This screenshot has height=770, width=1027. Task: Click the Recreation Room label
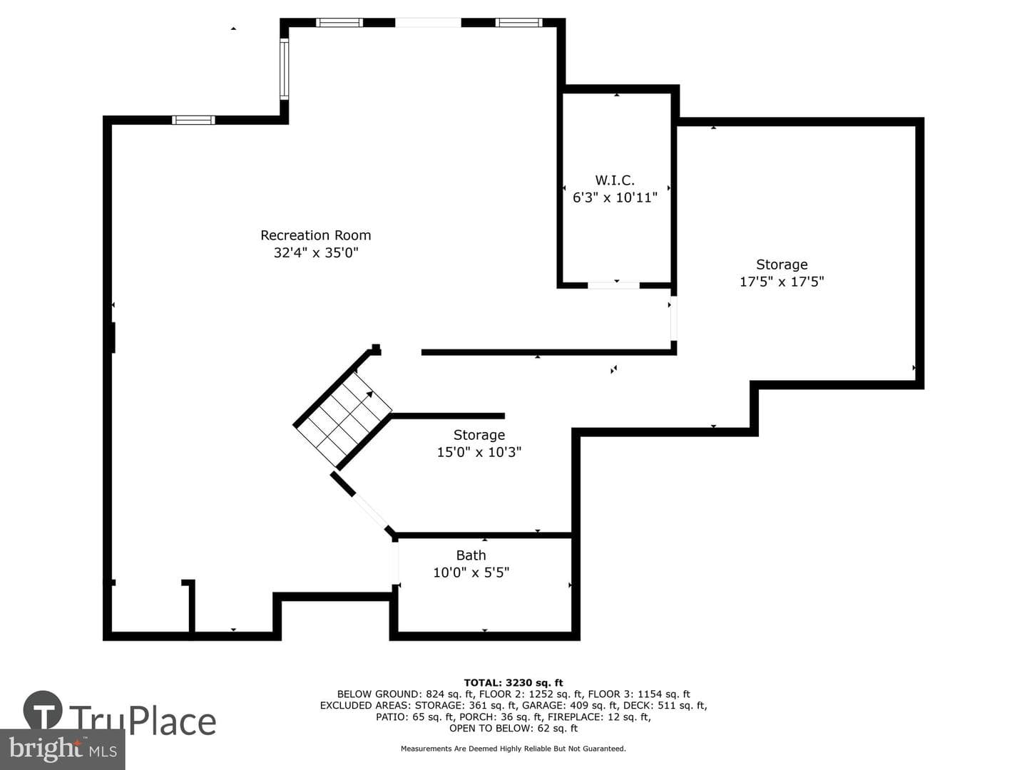[x=315, y=235]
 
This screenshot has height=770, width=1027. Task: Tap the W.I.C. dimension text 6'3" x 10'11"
[x=615, y=197]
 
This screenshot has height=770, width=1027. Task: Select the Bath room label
[x=471, y=555]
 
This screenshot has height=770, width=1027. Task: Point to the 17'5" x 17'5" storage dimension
[x=782, y=282]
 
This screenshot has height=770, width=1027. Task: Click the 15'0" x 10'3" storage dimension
[x=479, y=452]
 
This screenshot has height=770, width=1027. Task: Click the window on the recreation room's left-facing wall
[x=284, y=68]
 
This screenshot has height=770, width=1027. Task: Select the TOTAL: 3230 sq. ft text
[x=513, y=683]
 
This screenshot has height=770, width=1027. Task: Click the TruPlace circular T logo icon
[x=43, y=710]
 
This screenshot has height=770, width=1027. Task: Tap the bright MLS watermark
[x=62, y=749]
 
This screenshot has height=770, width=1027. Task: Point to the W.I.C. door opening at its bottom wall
[x=613, y=285]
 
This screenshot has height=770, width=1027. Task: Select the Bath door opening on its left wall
[x=395, y=563]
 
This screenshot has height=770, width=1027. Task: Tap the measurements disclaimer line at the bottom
[x=513, y=749]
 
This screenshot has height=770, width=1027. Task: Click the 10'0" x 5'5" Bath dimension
[x=471, y=573]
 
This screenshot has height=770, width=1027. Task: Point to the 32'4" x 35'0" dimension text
[x=315, y=252]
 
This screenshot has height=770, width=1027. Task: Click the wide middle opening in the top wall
[x=428, y=22]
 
